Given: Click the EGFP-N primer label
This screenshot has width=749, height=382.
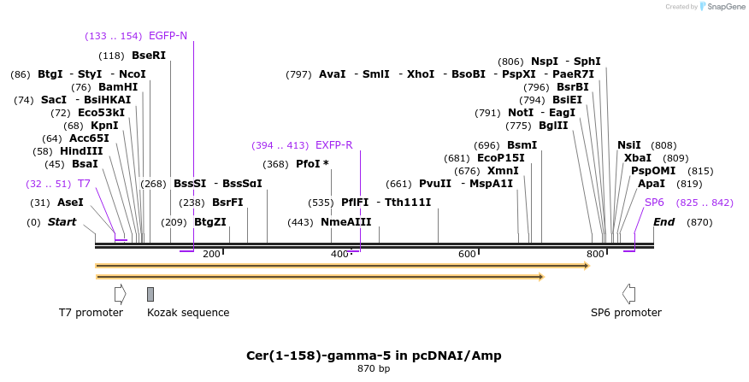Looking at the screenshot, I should [168, 36].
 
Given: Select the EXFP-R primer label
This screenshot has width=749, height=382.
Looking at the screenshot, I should [333, 145].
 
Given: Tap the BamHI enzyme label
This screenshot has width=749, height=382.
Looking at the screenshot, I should [117, 87].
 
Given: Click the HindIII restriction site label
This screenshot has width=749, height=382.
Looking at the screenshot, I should [81, 151].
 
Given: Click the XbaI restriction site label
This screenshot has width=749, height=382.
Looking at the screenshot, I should [637, 158].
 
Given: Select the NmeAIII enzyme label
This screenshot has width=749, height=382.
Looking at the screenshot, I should [346, 222].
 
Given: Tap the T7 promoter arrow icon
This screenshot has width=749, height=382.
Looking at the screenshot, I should [120, 294].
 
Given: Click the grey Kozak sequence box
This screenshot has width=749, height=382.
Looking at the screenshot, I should [150, 294].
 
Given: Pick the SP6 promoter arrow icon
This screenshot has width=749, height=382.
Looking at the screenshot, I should [628, 294].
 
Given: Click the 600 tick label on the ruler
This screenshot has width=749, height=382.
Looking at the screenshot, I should [467, 254].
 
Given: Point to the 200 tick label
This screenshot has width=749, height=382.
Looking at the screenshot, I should [210, 254].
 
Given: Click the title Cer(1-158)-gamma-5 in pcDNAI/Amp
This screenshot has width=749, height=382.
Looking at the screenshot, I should [374, 356].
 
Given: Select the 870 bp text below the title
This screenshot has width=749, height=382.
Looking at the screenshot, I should [374, 369].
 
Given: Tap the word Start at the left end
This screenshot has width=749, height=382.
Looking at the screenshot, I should [62, 222].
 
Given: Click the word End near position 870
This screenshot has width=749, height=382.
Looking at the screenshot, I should [664, 222].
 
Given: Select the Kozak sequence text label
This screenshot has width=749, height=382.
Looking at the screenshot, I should [188, 313].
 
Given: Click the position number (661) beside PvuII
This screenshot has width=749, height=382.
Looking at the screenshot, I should [398, 184].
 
